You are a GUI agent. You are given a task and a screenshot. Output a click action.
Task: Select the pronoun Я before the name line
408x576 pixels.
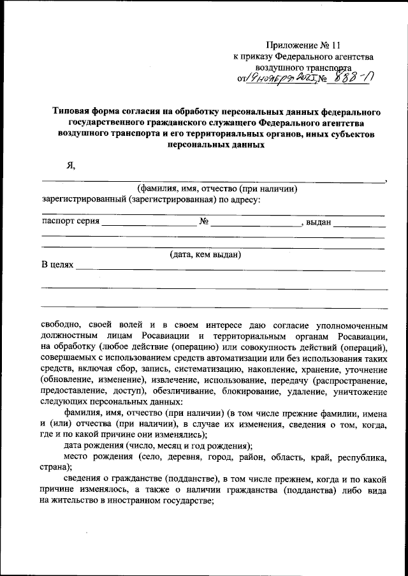[x=70, y=165]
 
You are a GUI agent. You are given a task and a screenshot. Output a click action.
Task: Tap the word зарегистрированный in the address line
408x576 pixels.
[x=84, y=200]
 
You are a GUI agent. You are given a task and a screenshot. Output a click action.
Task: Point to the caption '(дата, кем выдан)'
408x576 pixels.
[x=205, y=255]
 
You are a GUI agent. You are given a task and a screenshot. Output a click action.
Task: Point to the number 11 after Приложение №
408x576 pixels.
[x=337, y=45]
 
